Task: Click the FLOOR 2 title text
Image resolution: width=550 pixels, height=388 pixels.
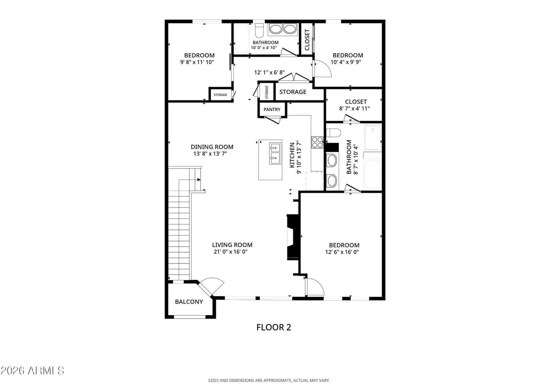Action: point(274,327)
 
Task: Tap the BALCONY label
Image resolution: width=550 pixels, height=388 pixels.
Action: point(189,302)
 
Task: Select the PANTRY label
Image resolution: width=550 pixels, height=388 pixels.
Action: point(272,109)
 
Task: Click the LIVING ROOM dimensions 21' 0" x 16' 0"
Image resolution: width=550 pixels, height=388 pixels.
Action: point(230,252)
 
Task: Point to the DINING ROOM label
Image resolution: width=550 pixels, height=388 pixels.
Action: point(212,147)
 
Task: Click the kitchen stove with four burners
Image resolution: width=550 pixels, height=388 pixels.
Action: point(317,142)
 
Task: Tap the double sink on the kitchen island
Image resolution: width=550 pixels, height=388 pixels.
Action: point(275,154)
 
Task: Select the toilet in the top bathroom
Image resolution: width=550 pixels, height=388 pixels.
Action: point(259,31)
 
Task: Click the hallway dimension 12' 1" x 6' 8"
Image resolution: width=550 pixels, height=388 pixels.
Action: point(269,72)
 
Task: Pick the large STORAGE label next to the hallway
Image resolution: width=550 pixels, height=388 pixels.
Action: point(293,92)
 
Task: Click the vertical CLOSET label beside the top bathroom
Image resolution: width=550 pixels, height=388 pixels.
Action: point(307,40)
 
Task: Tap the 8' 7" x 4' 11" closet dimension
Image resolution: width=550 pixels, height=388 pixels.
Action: point(354,109)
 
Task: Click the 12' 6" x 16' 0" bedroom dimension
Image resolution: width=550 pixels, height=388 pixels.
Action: point(342,252)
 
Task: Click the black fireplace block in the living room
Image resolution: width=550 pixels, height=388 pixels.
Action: point(293,237)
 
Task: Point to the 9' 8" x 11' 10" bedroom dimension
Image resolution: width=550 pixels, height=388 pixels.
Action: point(197,62)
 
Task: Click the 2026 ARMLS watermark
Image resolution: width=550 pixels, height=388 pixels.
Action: point(32,371)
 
